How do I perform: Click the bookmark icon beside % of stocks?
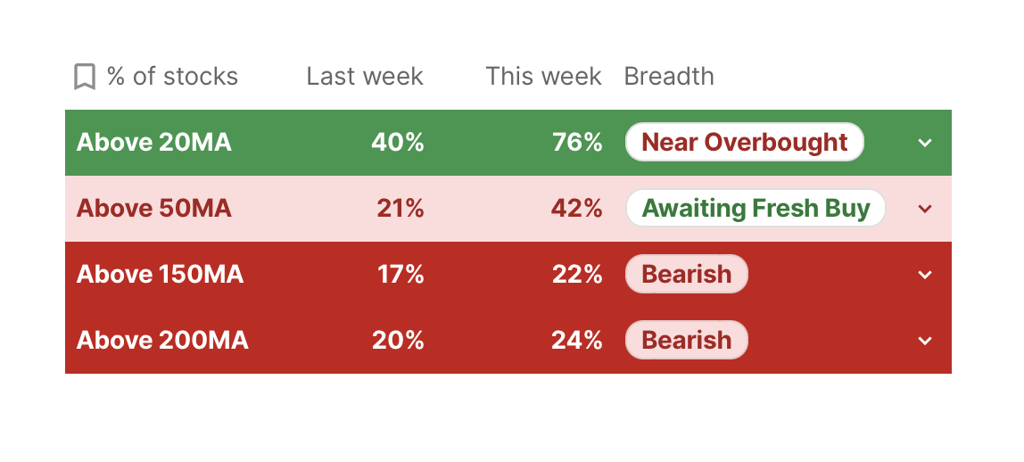point(84,77)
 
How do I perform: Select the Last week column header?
point(365,77)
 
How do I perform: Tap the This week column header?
point(543,77)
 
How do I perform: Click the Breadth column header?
point(669,77)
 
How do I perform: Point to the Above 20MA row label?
point(154,142)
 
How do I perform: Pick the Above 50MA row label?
point(154,208)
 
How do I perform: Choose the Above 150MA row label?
point(160,274)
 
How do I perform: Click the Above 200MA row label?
point(162,340)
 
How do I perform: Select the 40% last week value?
point(398,142)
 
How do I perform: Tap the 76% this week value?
point(577,142)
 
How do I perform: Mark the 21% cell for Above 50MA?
point(401,208)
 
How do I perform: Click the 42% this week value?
point(576,208)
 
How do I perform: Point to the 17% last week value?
point(401,274)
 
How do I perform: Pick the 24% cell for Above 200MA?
point(576,340)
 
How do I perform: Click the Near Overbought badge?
point(745,142)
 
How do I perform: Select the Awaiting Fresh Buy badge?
point(756,208)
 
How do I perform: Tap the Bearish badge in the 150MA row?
point(686,274)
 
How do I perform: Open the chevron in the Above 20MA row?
point(925,143)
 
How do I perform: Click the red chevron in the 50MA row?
point(925,209)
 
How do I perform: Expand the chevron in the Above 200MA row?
point(925,341)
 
